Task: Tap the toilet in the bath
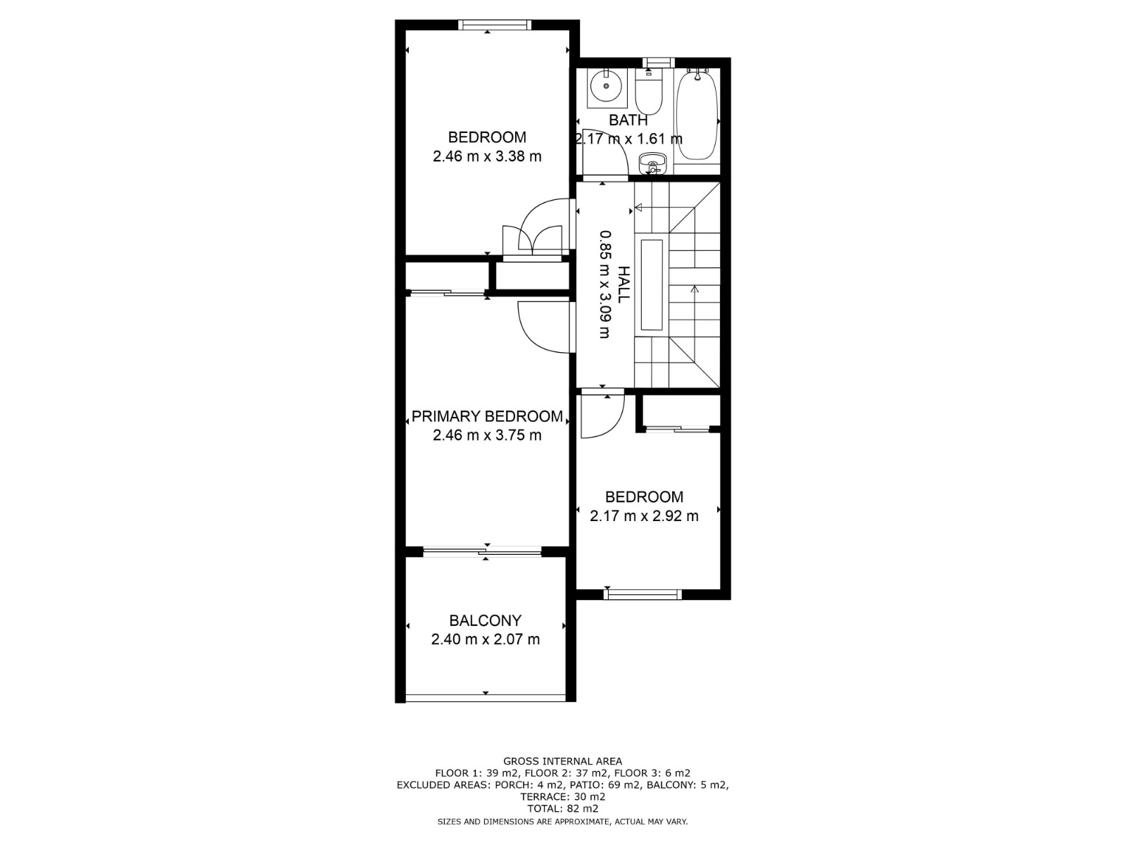point(648,92)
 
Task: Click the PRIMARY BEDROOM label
point(487,416)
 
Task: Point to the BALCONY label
point(486,620)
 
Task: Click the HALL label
point(623,284)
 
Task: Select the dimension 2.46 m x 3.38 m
point(487,156)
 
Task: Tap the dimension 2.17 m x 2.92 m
point(644,515)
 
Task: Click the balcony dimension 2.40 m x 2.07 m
point(486,639)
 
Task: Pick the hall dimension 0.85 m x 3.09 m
point(606,284)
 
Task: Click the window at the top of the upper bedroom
point(494,25)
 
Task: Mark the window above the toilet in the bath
point(659,63)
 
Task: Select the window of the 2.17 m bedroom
point(643,594)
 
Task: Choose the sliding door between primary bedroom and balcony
point(482,551)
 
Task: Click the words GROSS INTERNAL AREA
point(562,761)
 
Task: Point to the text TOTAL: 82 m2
point(563,808)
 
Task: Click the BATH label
point(628,120)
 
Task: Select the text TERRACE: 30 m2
point(563,797)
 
